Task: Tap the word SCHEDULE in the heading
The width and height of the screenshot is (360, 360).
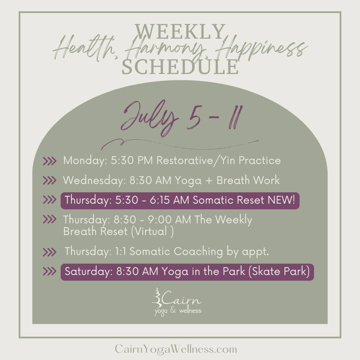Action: (x=180, y=67)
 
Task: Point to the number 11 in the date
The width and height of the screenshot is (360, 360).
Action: (x=236, y=118)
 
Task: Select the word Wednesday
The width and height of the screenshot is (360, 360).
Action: (x=94, y=180)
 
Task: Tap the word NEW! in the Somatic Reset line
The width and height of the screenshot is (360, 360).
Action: (x=281, y=200)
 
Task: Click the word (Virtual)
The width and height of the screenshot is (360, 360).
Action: (x=152, y=231)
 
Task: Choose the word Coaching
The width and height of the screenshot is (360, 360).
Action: (x=198, y=252)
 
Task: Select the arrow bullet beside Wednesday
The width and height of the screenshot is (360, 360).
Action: (x=49, y=180)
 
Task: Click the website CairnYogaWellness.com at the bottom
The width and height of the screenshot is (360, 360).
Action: (x=176, y=349)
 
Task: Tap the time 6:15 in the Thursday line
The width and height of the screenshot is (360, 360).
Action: (x=160, y=200)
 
